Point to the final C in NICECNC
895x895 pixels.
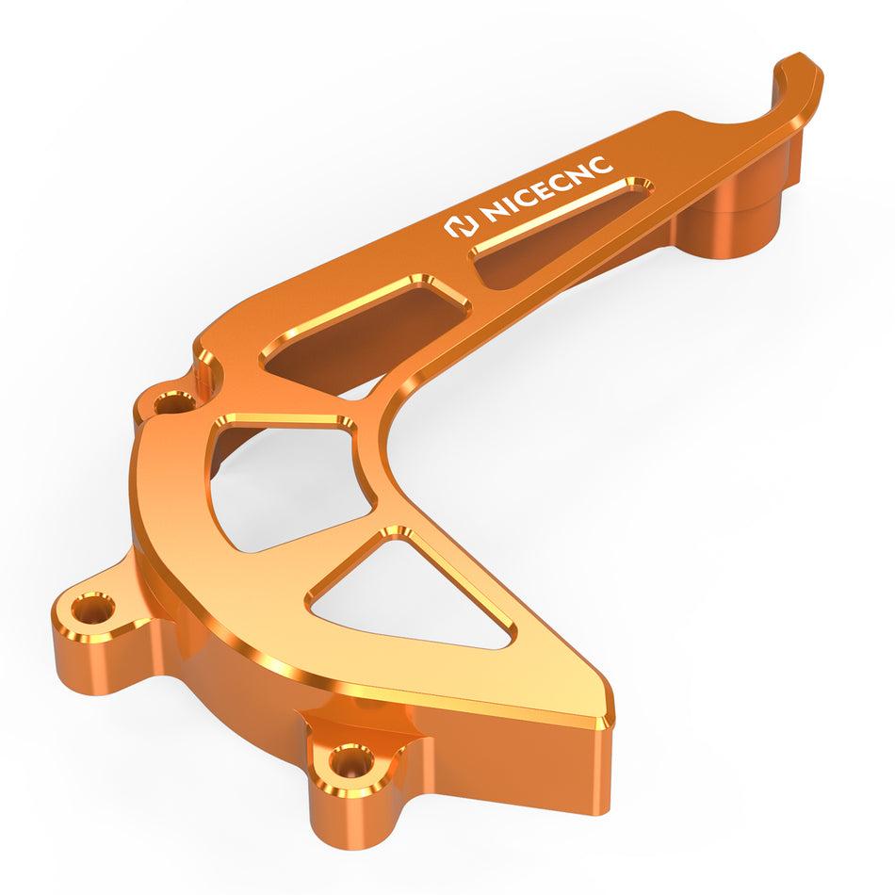[600, 166]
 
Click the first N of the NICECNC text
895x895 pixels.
[493, 211]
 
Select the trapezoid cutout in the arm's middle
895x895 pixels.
[366, 334]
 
